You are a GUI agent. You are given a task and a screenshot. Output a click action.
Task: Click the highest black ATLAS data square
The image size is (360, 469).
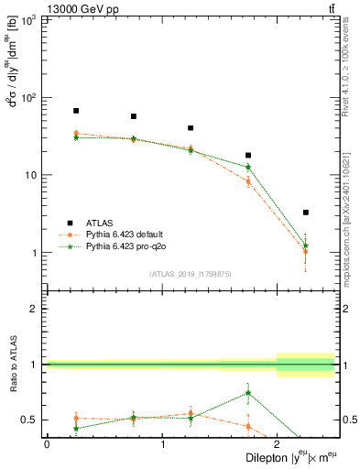[76, 111]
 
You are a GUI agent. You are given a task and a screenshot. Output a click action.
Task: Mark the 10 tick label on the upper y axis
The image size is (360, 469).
[32, 175]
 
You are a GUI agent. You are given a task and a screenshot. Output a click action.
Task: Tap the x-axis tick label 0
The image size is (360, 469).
[47, 444]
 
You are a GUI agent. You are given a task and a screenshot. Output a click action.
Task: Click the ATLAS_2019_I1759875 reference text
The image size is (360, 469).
[190, 274]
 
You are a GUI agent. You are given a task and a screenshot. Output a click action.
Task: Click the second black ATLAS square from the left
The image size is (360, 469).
[134, 116]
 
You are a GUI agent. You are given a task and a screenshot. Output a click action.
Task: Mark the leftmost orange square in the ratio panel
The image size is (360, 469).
[76, 418]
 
